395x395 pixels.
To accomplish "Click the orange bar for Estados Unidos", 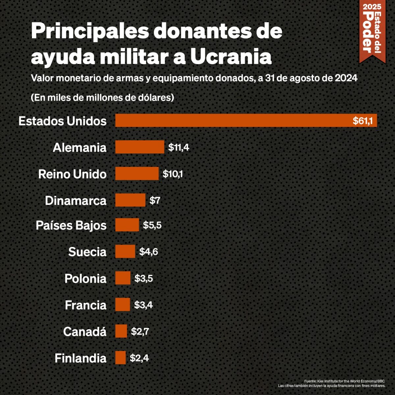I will point(230,120).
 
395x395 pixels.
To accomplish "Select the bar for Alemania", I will point(140,147).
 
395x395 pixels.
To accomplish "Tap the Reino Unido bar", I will point(137,173).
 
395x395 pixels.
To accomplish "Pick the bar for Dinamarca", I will point(130,200).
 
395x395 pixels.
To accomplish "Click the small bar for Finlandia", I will point(120,358).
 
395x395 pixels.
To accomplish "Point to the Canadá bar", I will point(121,331).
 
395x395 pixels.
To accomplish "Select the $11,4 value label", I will point(178,147).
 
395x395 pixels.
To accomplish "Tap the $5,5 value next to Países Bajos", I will point(152,225).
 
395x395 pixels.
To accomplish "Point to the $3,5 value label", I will point(144,278).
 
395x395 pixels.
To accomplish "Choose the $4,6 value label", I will point(148,252).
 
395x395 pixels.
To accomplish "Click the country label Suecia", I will point(87,252).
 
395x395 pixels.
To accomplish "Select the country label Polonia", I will point(85,278).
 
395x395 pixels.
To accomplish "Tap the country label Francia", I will point(86,305).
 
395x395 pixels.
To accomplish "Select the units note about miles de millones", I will point(102,98).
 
